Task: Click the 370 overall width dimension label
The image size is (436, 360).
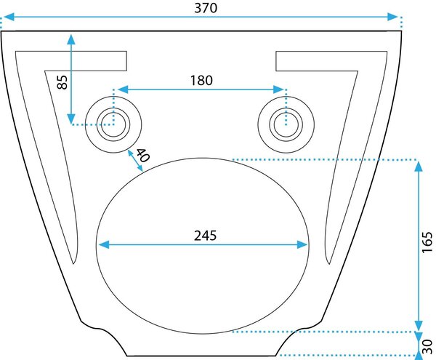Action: point(206,8)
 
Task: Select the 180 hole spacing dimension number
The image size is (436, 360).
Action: point(201,81)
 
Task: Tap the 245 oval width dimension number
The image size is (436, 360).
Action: point(205,236)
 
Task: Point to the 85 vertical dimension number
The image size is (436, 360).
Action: point(62,82)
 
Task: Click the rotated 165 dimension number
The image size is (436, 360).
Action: point(427,242)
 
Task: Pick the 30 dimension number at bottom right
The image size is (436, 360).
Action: point(427,346)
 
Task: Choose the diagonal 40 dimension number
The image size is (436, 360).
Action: point(143,155)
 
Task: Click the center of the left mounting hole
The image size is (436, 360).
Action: point(113,124)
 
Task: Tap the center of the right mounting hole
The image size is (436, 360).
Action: point(286,124)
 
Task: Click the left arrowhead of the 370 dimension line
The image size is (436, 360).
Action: point(8,17)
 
